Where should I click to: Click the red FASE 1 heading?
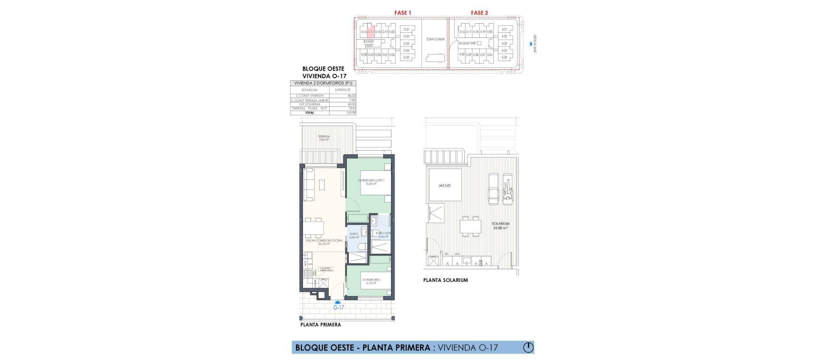point(403,13)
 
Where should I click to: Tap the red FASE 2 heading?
point(479,13)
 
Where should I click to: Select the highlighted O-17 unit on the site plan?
point(370,32)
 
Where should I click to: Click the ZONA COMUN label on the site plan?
point(435,39)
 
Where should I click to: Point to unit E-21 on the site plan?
point(505,29)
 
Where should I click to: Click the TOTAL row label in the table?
point(310,112)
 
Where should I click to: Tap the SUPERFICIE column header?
point(342,90)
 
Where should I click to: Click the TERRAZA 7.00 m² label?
point(324,138)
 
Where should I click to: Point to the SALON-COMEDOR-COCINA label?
point(324,242)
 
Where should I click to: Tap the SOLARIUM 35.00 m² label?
point(501,225)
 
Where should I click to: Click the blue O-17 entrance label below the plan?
point(339,307)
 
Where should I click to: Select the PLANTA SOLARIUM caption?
point(445,280)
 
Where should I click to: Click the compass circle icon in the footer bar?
point(528,347)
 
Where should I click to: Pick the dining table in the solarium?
point(470,226)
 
